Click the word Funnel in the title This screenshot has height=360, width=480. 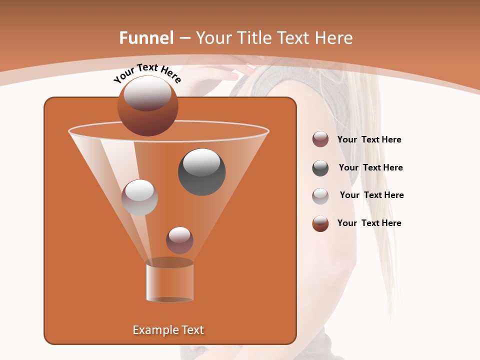[x=146, y=38]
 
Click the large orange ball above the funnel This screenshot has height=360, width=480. [x=147, y=106]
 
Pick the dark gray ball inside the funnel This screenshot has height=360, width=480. [x=201, y=172]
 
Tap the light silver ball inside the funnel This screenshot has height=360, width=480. [x=139, y=197]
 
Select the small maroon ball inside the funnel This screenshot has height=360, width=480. [x=179, y=240]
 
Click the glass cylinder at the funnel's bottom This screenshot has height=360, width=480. [x=169, y=281]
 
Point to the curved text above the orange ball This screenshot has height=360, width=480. [x=147, y=72]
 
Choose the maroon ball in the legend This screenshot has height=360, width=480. [x=320, y=139]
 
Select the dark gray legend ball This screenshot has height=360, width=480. [x=320, y=168]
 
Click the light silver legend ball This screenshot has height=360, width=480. [x=320, y=196]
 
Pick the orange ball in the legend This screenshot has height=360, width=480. [x=320, y=223]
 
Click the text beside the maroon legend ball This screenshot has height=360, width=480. [x=369, y=140]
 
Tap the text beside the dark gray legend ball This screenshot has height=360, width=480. [x=370, y=168]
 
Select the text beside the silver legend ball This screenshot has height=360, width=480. [x=371, y=195]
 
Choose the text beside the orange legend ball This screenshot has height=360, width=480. [x=369, y=223]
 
